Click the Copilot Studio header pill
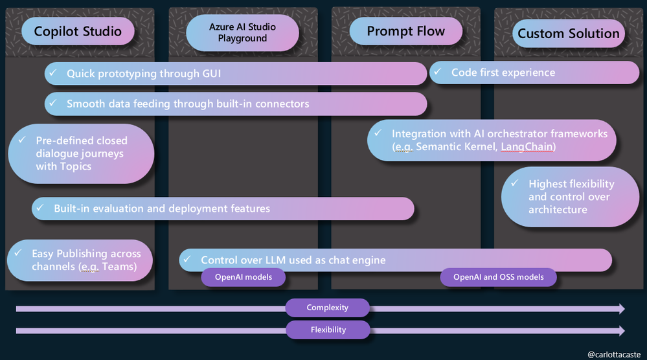click(78, 31)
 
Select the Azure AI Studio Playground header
click(242, 32)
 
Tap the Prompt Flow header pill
click(405, 31)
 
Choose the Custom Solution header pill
click(569, 34)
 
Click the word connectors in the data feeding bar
click(280, 104)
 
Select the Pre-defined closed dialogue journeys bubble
click(81, 153)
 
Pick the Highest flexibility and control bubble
click(570, 197)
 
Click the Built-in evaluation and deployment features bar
click(223, 208)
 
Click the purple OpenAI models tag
click(242, 278)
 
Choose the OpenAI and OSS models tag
click(498, 278)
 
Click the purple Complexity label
click(327, 308)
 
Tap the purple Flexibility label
click(328, 330)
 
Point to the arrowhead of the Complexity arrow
click(621, 308)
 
